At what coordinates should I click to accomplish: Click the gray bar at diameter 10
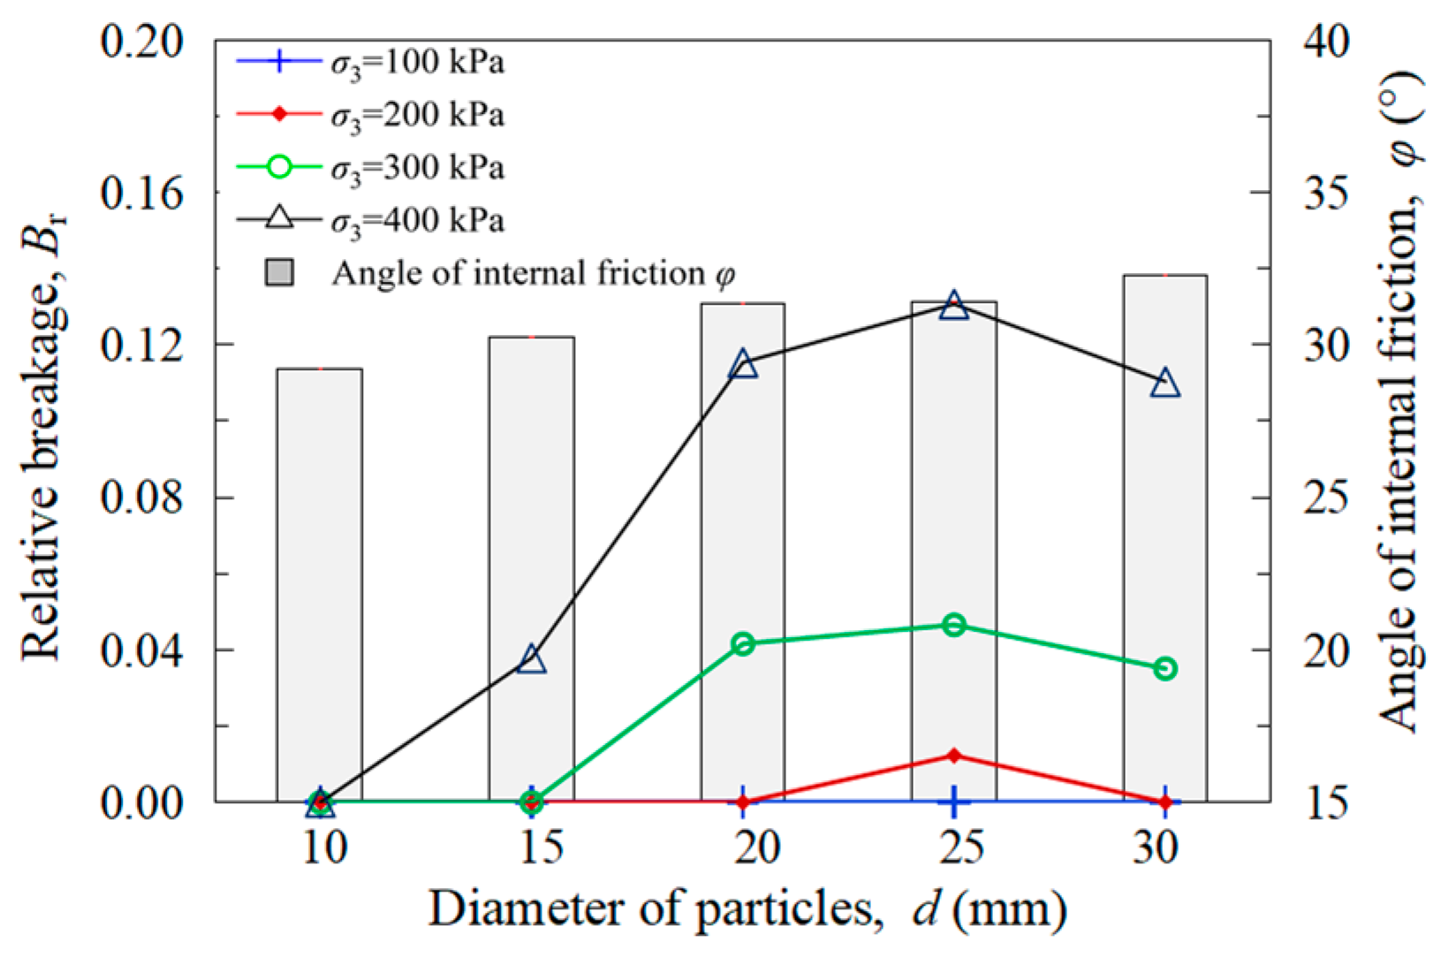(x=319, y=583)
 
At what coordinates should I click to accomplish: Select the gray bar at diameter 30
(x=1164, y=539)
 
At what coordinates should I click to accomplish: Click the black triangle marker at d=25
(x=953, y=307)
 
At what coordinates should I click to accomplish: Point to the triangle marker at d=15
(x=531, y=659)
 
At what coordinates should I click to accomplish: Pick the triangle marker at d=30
(x=1164, y=384)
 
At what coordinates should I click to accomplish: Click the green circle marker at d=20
(x=743, y=643)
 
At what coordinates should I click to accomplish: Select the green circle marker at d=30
(x=1164, y=669)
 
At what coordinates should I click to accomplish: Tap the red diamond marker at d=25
(x=953, y=756)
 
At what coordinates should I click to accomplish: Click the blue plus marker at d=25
(x=953, y=802)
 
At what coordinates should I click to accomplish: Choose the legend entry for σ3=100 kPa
(x=371, y=64)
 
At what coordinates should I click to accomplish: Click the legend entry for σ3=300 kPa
(x=371, y=168)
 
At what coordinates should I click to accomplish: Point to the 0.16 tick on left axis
(x=141, y=193)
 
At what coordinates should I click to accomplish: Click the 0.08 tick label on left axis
(x=141, y=497)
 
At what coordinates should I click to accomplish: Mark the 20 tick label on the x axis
(x=757, y=847)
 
